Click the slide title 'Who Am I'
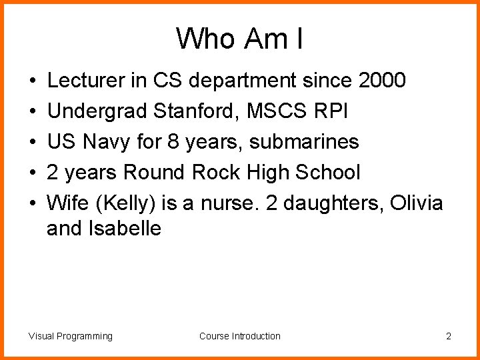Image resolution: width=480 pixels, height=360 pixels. click(240, 39)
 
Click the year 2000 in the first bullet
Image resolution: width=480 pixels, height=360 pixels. click(381, 81)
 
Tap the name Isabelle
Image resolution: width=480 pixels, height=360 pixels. click(125, 229)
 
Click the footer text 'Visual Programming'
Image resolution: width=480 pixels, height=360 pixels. click(71, 336)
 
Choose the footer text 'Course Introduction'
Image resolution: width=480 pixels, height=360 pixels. click(240, 336)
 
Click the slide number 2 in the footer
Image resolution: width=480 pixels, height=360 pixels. click(449, 336)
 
